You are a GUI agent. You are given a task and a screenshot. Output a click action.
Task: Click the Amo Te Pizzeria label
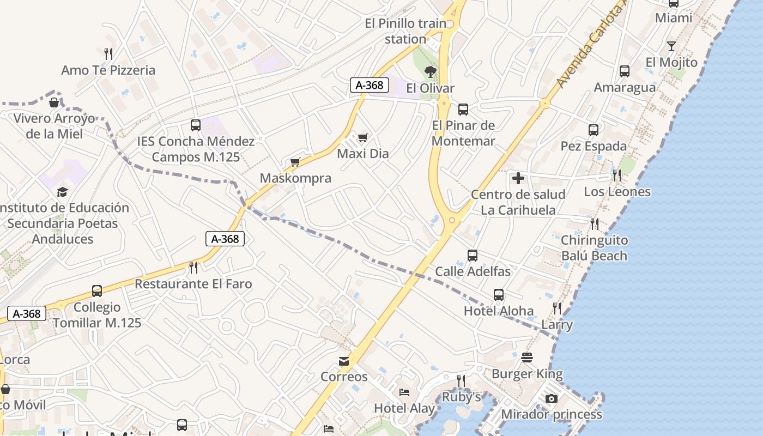coord(108,70)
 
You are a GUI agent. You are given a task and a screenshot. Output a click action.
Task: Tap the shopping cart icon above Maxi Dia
coord(362,137)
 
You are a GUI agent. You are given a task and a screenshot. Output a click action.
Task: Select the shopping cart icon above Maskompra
coord(295,162)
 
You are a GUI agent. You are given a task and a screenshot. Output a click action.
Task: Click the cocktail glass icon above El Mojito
coord(671,46)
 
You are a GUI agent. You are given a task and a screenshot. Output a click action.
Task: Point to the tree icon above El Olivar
coord(430,71)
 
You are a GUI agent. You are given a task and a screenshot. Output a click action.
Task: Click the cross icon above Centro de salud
coord(518,178)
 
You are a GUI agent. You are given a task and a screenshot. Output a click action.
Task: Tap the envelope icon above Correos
coord(344,361)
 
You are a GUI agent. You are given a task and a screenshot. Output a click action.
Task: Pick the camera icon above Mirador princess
coord(552,398)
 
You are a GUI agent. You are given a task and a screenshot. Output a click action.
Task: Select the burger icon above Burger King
coord(527,358)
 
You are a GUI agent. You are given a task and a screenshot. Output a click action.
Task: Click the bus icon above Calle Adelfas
coord(473,255)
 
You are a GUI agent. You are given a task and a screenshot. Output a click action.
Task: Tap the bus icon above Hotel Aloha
coord(499,295)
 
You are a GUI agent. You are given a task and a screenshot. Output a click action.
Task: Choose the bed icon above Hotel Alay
coord(404,392)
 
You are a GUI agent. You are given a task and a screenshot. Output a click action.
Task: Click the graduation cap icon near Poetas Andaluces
coord(62,192)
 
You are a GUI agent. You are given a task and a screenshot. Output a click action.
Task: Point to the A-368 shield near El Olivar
coord(370,85)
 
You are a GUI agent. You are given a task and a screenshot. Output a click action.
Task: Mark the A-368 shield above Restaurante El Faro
coord(225,239)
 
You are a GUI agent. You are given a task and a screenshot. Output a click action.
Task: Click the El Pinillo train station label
coord(406,31)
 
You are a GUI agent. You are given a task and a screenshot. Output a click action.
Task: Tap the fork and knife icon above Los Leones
coord(617,175)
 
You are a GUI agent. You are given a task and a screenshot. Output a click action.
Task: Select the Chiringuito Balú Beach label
coord(594,248)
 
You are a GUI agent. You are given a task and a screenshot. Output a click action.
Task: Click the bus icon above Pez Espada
coord(594,130)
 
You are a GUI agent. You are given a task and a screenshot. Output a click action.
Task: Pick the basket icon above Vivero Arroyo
coord(54,102)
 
